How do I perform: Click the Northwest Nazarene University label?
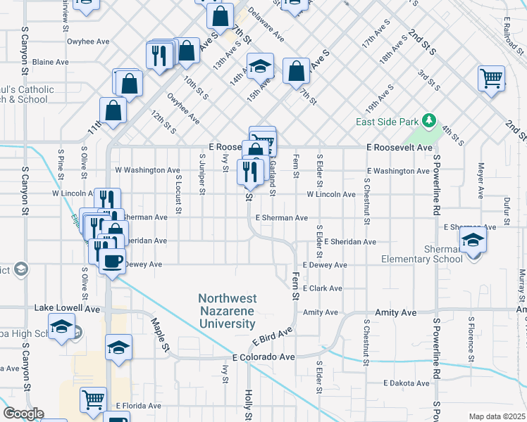coord(226,311)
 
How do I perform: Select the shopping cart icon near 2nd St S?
coord(491,77)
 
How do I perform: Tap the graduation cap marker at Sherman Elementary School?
coord(473,241)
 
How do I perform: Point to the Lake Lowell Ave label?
coord(68,308)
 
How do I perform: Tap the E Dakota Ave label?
coord(407,383)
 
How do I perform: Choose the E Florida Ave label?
coord(139,406)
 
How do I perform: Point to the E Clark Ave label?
coord(322,288)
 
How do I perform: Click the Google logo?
coord(23,414)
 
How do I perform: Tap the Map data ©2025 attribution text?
coord(496,416)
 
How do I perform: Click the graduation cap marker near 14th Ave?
coord(260,67)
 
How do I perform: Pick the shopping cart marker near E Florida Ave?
coord(93,399)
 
